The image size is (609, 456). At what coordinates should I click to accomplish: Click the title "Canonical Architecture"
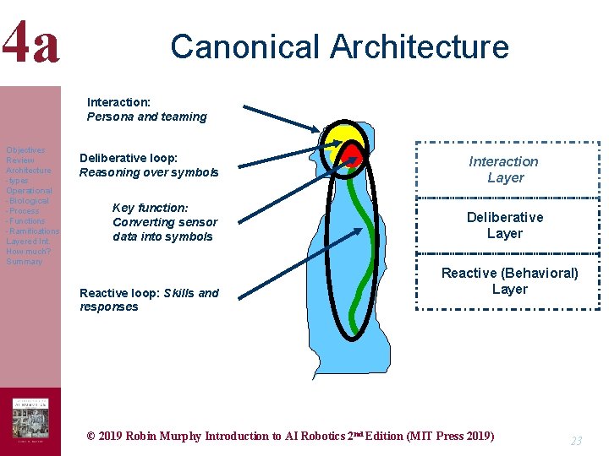coord(339,46)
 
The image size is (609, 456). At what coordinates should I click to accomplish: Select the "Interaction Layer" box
coord(505,170)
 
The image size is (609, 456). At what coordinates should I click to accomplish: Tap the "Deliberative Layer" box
coord(505,225)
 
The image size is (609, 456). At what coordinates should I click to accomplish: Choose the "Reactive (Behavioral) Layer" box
coord(509,281)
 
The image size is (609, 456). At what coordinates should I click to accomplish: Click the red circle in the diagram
coord(354,156)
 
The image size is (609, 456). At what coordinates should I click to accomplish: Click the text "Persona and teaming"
coord(146,117)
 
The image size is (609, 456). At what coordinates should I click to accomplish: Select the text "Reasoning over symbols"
coord(149,172)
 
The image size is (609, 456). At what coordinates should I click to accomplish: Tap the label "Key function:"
coord(150,208)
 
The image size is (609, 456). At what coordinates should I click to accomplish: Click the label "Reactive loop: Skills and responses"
coord(149,300)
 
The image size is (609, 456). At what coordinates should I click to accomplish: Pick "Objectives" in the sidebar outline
coord(25,150)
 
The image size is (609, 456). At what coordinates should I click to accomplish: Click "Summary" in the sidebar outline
coord(24,262)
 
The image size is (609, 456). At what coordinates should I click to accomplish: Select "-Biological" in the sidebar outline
coord(28,201)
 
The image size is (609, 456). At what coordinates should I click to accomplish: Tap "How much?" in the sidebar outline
coord(28,252)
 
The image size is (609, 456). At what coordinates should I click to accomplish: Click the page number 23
coord(576,441)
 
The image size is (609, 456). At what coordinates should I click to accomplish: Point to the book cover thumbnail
coord(30,420)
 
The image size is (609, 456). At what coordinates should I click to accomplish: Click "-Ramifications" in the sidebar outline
coord(32,231)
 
